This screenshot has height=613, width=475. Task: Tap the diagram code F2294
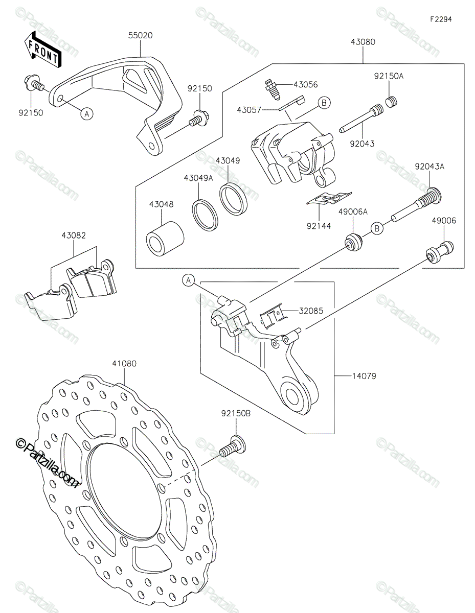(x=441, y=19)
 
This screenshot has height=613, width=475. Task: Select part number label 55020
(x=140, y=36)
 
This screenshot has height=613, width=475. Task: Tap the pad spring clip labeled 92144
(x=329, y=199)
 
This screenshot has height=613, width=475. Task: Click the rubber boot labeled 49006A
(x=353, y=242)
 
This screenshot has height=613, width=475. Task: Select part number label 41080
(x=124, y=364)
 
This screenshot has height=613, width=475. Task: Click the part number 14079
(x=364, y=376)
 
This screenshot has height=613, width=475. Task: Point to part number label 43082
(x=74, y=235)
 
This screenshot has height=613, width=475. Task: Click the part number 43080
(x=363, y=42)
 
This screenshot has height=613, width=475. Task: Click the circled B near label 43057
(x=324, y=103)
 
